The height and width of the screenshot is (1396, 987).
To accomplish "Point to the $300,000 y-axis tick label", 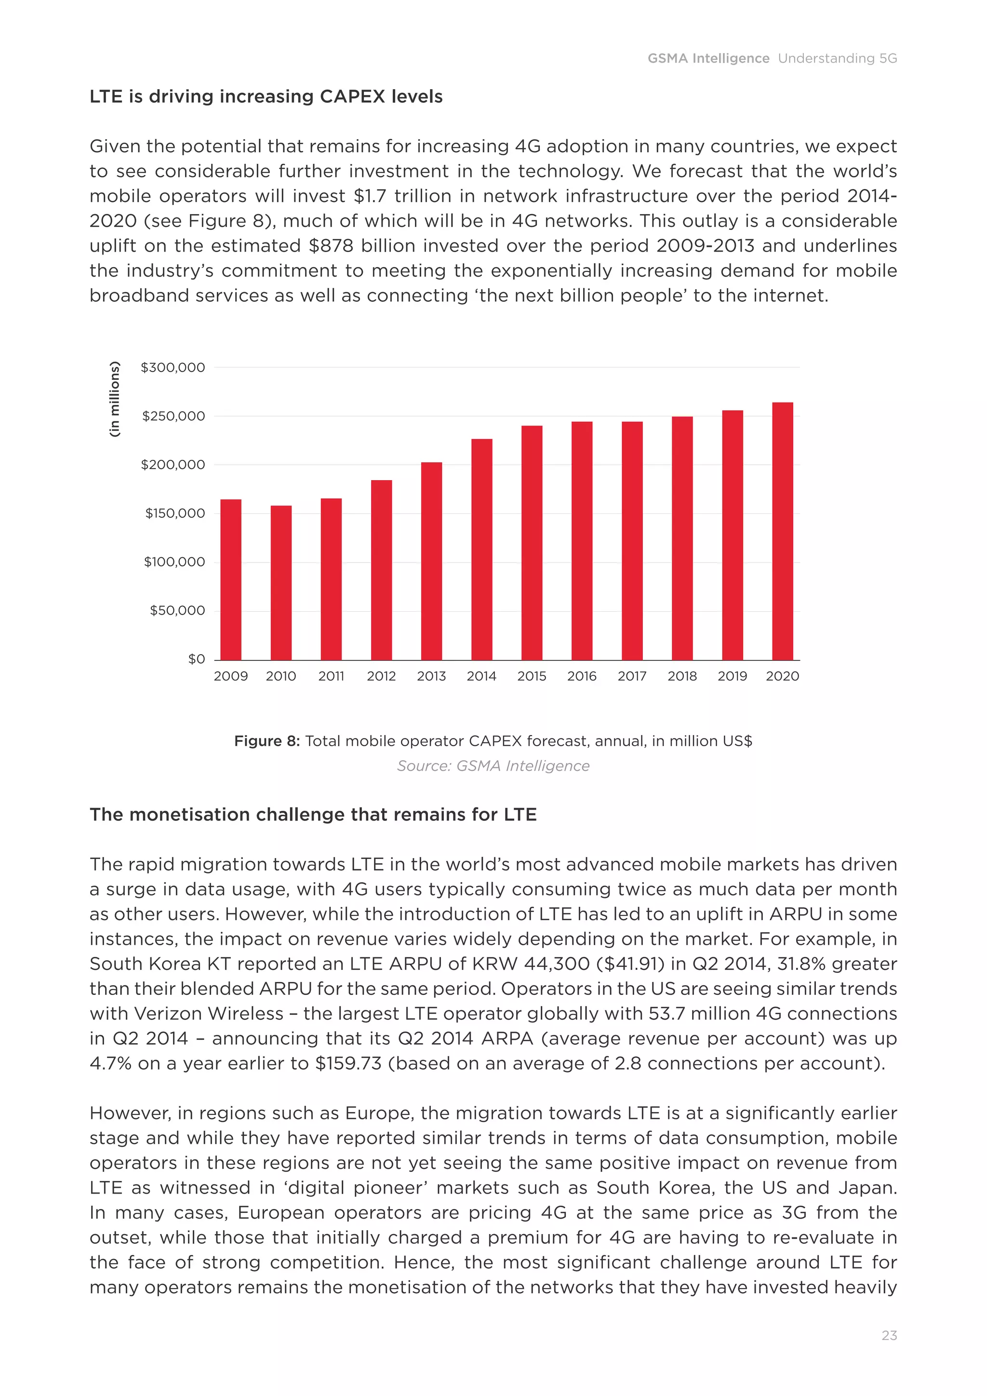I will pyautogui.click(x=173, y=367).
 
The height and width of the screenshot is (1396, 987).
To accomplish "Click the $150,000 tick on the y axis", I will pyautogui.click(x=175, y=513).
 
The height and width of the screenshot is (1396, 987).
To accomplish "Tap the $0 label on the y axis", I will pyautogui.click(x=196, y=659).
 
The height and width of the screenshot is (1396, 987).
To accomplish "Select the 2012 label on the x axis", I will pyautogui.click(x=381, y=676).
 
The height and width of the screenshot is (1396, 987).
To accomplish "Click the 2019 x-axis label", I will pyautogui.click(x=733, y=676).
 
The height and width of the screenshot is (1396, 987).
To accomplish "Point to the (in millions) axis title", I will pyautogui.click(x=114, y=400).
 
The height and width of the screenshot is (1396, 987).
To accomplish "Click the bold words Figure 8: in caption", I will pyautogui.click(x=267, y=741).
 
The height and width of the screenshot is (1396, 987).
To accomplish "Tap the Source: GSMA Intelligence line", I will pyautogui.click(x=493, y=766).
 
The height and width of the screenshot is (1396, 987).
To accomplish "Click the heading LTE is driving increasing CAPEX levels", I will pyautogui.click(x=266, y=97).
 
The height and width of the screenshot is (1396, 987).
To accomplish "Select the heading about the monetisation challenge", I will pyautogui.click(x=313, y=815).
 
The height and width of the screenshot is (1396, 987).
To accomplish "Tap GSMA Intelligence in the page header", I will pyautogui.click(x=708, y=58).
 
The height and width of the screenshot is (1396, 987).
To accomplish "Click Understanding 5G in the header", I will pyautogui.click(x=837, y=58).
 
